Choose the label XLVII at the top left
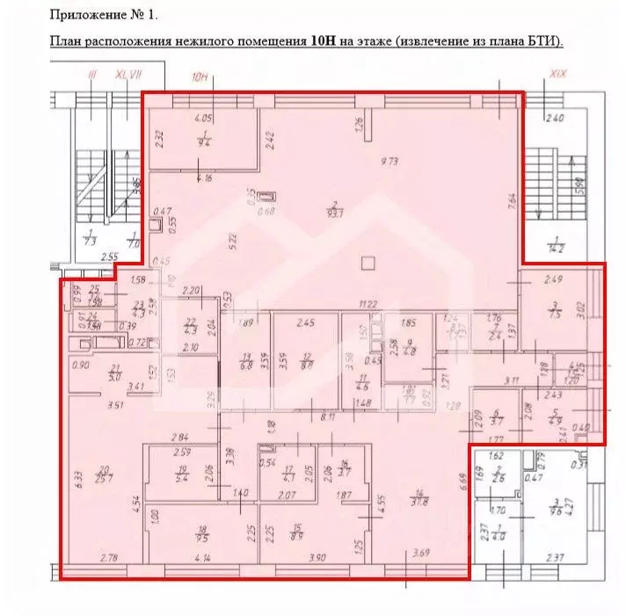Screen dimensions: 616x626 [127, 76]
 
